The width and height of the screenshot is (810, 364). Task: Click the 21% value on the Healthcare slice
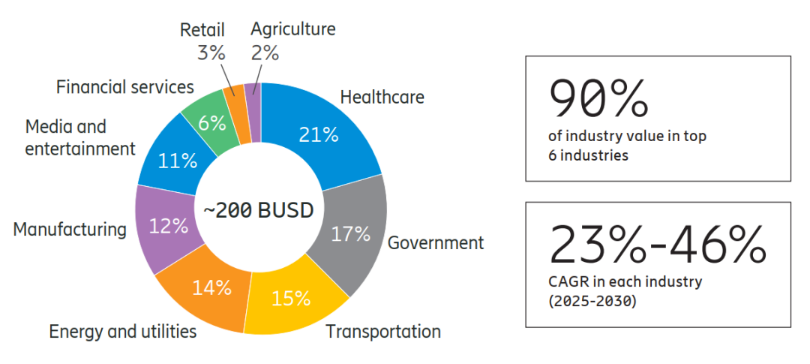(x=319, y=135)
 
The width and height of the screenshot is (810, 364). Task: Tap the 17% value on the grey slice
(x=351, y=234)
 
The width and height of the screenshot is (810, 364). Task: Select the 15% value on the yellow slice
(x=291, y=298)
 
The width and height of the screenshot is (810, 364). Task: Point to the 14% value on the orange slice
(x=211, y=287)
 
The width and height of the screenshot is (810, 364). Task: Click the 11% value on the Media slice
(x=178, y=161)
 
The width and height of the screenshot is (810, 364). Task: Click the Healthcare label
(x=382, y=98)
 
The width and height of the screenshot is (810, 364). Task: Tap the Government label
(x=435, y=243)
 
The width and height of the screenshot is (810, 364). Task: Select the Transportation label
(x=382, y=331)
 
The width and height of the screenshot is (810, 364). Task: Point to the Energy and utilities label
(x=123, y=331)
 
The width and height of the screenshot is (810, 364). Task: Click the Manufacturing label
(x=70, y=229)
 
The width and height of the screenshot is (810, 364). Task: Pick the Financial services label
(x=125, y=87)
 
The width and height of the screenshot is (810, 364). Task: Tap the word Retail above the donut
(x=202, y=30)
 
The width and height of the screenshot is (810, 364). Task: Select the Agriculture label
(x=292, y=30)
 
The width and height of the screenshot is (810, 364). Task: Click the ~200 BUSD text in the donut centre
(x=259, y=210)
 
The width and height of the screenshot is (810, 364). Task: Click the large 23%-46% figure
(x=658, y=242)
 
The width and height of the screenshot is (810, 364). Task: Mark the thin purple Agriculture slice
(x=253, y=111)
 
